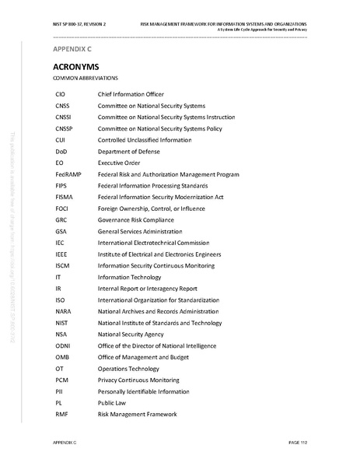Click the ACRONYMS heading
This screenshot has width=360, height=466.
pos(75,67)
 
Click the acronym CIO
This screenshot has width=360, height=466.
pos(61,93)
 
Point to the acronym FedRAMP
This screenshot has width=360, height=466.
pos(68,175)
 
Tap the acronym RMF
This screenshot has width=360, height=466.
pos(62,414)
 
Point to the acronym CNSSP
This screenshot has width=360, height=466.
pos(65,128)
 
